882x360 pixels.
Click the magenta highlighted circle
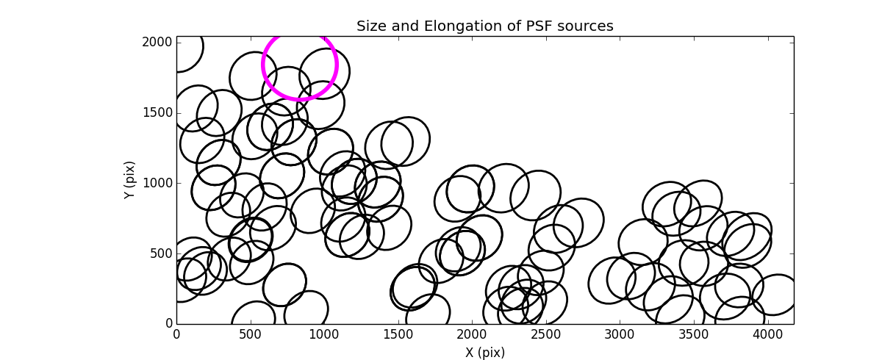[x=300, y=64]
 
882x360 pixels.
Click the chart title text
[x=484, y=26]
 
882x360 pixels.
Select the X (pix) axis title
[x=484, y=352]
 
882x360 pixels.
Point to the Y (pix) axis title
[x=130, y=180]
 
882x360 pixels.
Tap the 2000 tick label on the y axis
[x=157, y=43]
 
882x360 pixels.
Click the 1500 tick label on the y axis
[x=157, y=113]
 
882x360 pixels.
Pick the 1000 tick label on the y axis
[x=157, y=183]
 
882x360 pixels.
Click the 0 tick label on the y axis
[x=168, y=323]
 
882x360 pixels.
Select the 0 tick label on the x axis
[x=176, y=334]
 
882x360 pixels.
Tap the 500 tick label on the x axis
[x=251, y=334]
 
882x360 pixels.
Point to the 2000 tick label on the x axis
[x=472, y=334]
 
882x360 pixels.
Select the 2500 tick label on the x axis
[x=545, y=334]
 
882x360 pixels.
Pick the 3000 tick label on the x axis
[x=620, y=334]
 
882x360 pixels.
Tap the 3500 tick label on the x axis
[x=693, y=334]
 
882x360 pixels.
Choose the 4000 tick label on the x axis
[x=767, y=334]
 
